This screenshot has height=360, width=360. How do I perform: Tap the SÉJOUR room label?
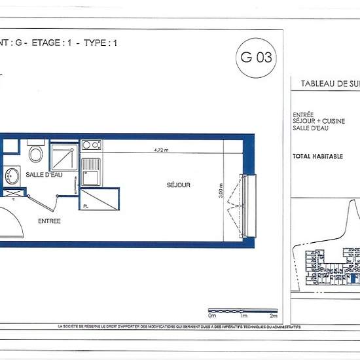coord(178,185)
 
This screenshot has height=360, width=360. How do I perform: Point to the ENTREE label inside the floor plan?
coord(49,221)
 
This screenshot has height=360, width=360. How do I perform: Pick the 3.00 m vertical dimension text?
coord(222,190)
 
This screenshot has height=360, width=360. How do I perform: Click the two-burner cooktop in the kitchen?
coord(91,145)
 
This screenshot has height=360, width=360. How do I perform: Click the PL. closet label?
coord(86,206)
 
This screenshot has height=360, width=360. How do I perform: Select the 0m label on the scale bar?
coord(212,298)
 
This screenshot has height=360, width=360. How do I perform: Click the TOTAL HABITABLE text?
coord(317,156)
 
